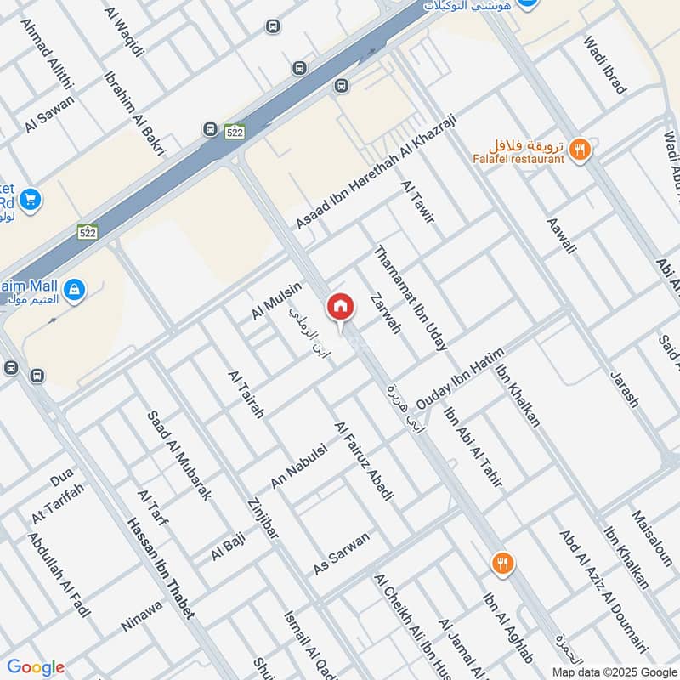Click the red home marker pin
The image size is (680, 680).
tap(340, 307)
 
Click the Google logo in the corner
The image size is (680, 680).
tap(35, 668)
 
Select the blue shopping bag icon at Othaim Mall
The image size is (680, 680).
tap(75, 289)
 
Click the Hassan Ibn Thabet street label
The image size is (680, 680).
tap(160, 568)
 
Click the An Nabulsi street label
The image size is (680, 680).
tap(298, 467)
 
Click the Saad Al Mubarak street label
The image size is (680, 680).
tap(178, 456)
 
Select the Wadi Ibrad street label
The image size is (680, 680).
tap(604, 64)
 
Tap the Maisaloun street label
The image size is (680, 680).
tap(652, 538)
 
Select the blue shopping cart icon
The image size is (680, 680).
tap(31, 200)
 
